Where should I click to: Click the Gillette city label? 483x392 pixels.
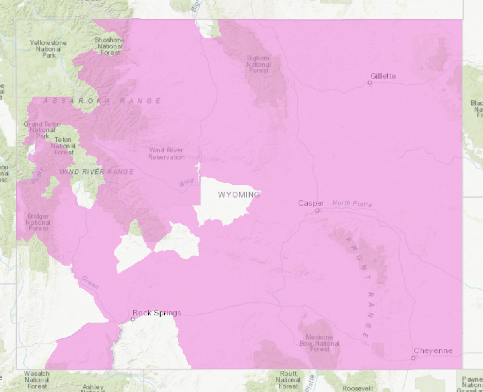tap(383, 76)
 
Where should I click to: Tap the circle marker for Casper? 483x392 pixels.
tap(317, 210)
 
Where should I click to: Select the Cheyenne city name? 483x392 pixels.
tap(433, 351)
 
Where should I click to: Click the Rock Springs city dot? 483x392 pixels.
tap(133, 319)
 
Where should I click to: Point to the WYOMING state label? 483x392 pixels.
tap(239, 195)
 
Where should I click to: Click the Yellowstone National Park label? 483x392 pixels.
tap(48, 48)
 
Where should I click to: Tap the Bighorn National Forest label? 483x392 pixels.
tap(259, 64)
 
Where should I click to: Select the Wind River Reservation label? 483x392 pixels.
tap(166, 154)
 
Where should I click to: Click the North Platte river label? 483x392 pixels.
tap(352, 203)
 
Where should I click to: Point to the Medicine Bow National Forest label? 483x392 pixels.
tap(319, 343)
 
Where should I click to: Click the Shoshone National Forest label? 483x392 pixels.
tap(109, 46)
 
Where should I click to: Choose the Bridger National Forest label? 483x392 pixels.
tap(38, 222)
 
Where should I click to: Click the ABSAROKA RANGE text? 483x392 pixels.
tap(102, 101)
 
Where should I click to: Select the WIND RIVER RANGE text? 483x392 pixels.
tap(97, 172)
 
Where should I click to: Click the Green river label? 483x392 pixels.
tap(90, 282)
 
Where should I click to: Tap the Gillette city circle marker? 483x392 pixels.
tap(369, 83)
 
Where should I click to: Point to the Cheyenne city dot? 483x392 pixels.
tap(413, 358)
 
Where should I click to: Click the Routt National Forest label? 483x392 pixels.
tap(288, 379)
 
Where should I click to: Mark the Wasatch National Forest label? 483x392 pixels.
tap(36, 379)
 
